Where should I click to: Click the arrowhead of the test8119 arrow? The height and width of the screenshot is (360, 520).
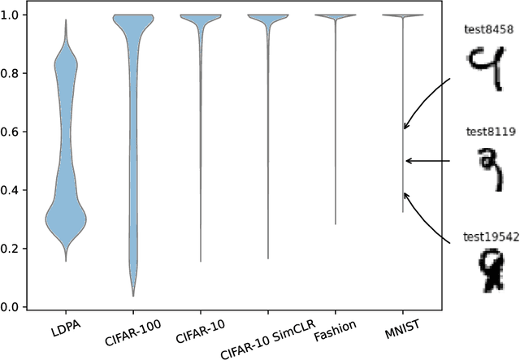408,161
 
